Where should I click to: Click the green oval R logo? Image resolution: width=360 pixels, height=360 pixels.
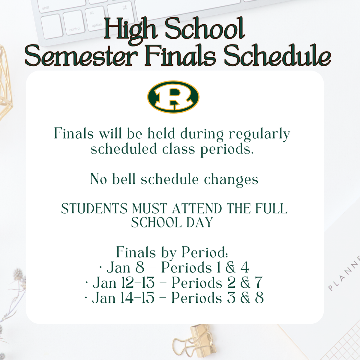[173, 97]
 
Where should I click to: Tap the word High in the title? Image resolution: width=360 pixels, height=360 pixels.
[131, 31]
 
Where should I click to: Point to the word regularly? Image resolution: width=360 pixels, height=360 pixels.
[259, 134]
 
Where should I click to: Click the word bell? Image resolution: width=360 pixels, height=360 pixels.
[124, 179]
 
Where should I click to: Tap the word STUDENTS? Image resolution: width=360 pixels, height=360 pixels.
[94, 208]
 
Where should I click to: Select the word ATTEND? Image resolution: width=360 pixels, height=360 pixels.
[197, 208]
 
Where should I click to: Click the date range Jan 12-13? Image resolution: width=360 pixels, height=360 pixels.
[124, 283]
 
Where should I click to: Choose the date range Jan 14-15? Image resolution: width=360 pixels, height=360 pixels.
[123, 298]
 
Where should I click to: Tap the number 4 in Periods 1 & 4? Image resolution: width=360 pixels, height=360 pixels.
[244, 268]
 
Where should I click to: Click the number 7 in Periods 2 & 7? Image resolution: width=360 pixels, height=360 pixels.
[259, 283]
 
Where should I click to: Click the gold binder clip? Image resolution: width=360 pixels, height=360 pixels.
[194, 341]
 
